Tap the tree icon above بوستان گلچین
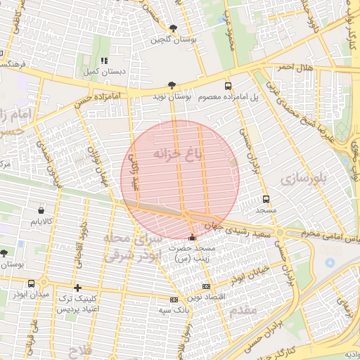(x=173, y=28)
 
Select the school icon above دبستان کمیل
(x=105, y=61)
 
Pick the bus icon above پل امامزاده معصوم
(x=227, y=85)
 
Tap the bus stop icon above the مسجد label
(x=265, y=200)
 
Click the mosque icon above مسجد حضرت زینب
(x=193, y=237)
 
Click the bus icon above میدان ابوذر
(x=31, y=283)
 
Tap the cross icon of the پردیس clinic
(x=77, y=287)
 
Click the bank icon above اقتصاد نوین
(x=206, y=286)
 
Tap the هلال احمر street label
(x=293, y=67)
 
